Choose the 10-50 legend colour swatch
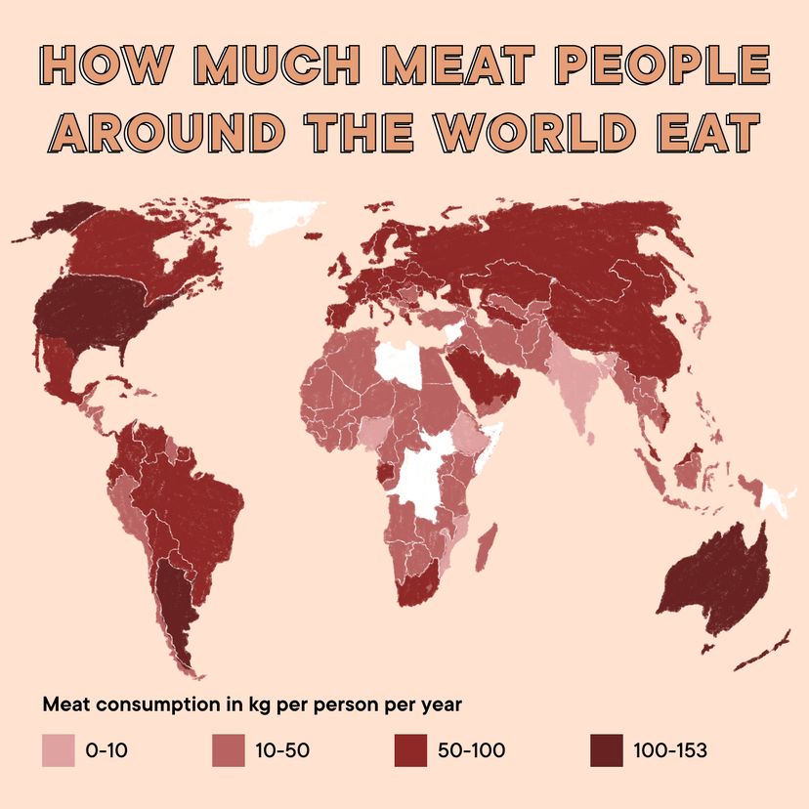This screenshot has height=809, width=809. pyautogui.click(x=228, y=750)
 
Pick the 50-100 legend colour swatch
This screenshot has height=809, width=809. pyautogui.click(x=409, y=750)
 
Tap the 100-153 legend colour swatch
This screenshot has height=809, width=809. pyautogui.click(x=606, y=750)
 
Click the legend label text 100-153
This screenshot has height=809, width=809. pyautogui.click(x=669, y=750)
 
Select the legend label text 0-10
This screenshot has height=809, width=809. pyautogui.click(x=107, y=750)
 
